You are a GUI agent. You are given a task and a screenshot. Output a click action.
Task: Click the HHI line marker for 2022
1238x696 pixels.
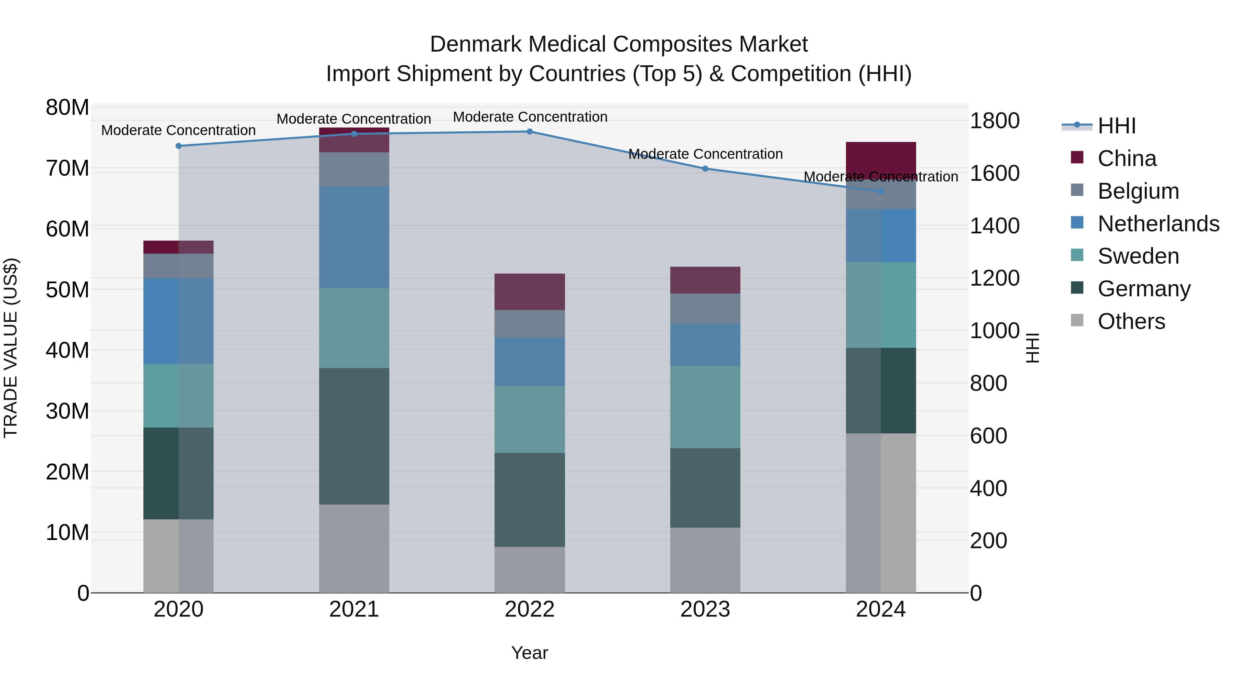coord(530,132)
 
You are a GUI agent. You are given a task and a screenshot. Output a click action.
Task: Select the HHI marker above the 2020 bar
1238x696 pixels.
coord(178,146)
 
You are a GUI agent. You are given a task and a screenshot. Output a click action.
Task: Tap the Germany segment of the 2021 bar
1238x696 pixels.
coord(354,436)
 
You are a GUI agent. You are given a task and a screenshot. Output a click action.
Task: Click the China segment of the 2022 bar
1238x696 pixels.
coord(530,292)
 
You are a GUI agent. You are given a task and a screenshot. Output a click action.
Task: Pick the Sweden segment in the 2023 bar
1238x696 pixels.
coord(705,407)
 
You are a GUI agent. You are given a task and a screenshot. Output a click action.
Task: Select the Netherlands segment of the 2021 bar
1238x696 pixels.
coord(354,237)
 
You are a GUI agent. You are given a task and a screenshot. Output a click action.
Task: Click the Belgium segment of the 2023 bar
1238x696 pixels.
coord(705,308)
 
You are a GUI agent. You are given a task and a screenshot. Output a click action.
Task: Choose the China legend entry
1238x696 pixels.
coord(1127,158)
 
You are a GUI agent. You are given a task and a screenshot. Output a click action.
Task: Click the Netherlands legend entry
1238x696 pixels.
coord(1158,224)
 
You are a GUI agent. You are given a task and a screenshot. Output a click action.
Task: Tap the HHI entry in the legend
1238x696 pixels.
coord(1116,126)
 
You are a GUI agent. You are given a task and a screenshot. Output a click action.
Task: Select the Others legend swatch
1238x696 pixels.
coord(1077,320)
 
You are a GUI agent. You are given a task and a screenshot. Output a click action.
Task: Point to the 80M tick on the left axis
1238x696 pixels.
coord(67,108)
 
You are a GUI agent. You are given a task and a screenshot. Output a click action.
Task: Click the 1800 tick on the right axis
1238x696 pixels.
coord(994,121)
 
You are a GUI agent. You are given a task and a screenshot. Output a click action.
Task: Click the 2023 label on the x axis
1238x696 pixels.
coord(705,609)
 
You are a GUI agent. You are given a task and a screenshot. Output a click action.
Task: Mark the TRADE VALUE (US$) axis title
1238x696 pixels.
coord(11,348)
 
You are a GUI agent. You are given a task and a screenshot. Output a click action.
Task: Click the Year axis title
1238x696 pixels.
coord(530,653)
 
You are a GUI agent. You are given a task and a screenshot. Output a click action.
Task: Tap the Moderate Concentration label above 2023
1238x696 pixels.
coord(705,154)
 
